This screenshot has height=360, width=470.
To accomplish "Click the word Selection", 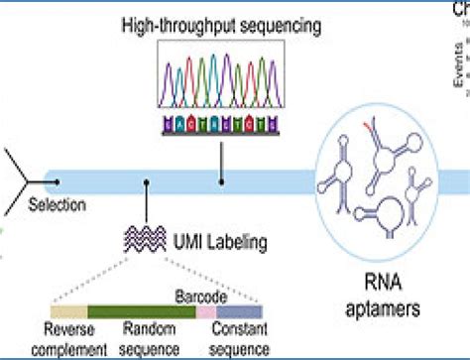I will [x=57, y=205].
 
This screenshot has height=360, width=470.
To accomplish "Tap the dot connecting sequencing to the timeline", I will [x=221, y=181].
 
